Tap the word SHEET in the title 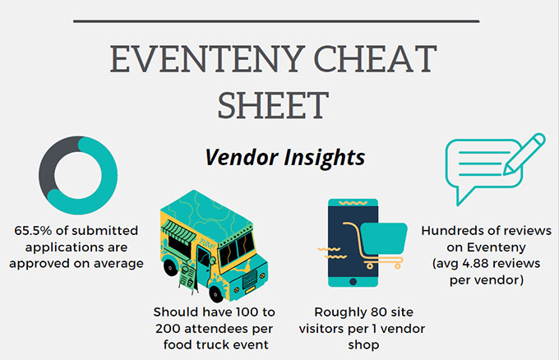273,105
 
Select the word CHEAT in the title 375,59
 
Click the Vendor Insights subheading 285,157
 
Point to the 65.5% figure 33,231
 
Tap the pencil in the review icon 524,154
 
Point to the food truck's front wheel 215,293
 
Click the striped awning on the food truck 178,232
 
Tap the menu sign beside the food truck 188,278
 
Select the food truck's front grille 249,279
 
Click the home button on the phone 353,282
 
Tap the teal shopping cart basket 384,238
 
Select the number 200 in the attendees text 169,329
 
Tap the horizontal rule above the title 276,21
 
